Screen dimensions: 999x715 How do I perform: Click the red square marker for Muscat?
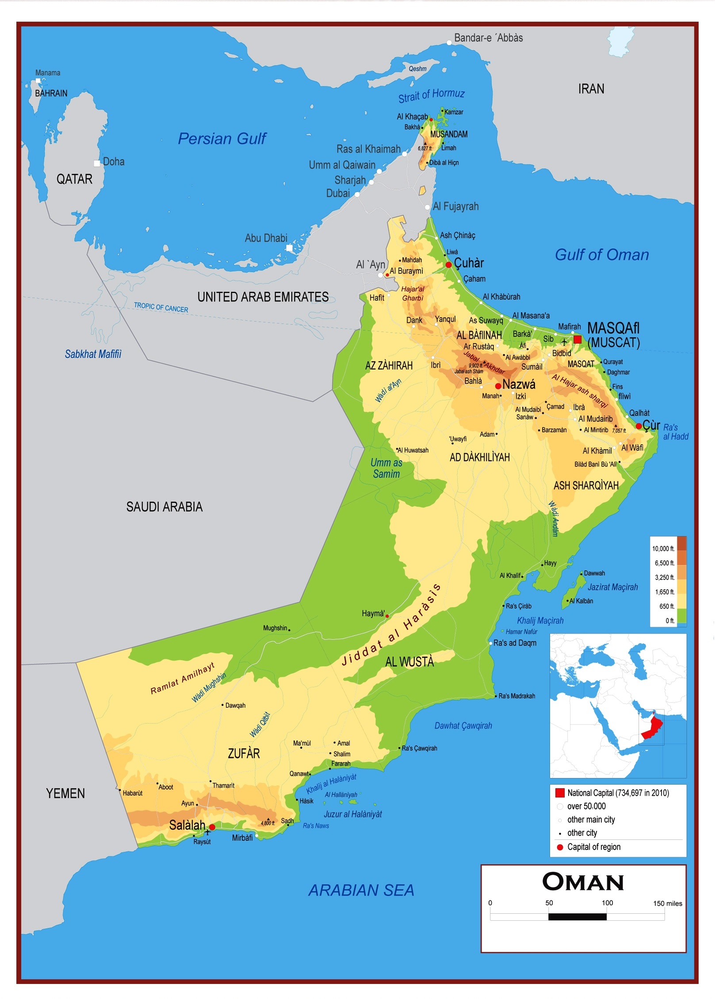(x=577, y=339)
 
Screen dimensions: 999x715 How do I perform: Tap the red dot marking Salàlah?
(x=212, y=827)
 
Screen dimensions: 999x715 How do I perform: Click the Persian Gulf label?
(x=222, y=139)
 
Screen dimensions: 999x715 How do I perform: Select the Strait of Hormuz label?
(x=431, y=95)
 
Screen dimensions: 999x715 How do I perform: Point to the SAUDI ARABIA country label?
(x=164, y=507)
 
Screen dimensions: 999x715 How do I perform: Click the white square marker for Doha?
(x=97, y=164)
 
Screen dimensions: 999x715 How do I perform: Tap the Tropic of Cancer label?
(x=161, y=307)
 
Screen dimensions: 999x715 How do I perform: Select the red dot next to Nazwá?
(x=498, y=386)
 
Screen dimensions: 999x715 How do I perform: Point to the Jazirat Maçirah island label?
(x=612, y=587)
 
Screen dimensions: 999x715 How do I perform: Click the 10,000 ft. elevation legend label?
(x=663, y=549)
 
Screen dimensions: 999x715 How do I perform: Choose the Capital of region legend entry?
(x=593, y=847)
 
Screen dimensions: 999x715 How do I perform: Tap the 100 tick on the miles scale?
(x=607, y=903)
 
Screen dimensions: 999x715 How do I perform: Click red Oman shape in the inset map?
(x=652, y=728)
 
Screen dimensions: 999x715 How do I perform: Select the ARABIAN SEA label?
(x=361, y=890)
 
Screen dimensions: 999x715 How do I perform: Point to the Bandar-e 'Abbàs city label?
(x=488, y=38)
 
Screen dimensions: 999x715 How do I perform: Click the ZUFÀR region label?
(x=244, y=753)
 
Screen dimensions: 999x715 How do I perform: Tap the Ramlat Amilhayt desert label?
(x=182, y=679)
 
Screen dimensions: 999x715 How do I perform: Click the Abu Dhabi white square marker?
(x=289, y=248)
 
